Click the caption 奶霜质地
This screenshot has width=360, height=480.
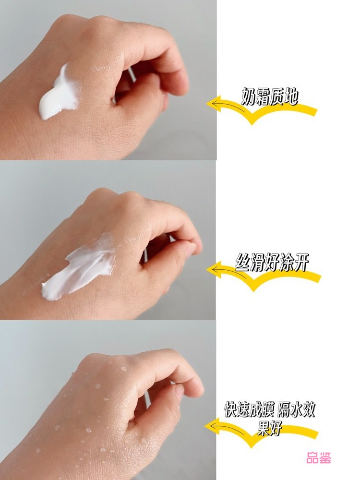pos(270,97)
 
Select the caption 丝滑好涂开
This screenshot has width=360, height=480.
pos(272,263)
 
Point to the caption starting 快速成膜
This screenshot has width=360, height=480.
pos(269,419)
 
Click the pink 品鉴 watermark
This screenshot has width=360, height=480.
pos(319,458)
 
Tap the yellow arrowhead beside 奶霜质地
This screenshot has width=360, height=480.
pos(214,103)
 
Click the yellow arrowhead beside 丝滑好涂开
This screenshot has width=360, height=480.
pos(214,270)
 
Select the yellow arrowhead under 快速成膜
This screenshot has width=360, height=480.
pos(213,426)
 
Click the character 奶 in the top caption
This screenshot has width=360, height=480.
pos(248,97)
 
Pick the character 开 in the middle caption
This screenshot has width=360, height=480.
pos(301,263)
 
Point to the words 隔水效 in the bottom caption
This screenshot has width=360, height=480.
pos(296,409)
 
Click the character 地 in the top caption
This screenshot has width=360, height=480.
pos(291,97)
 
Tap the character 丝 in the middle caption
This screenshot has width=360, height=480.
pos(242,263)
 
